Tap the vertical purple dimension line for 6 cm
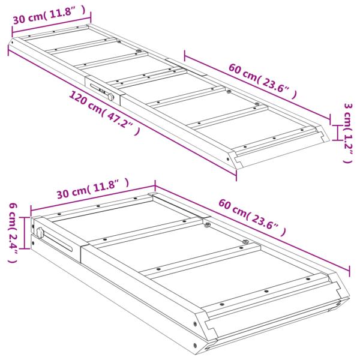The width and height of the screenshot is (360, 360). pos(25,233)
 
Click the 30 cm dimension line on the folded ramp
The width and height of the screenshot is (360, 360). pos(93,199)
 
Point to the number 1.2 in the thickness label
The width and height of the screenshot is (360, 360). pos(347,144)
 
